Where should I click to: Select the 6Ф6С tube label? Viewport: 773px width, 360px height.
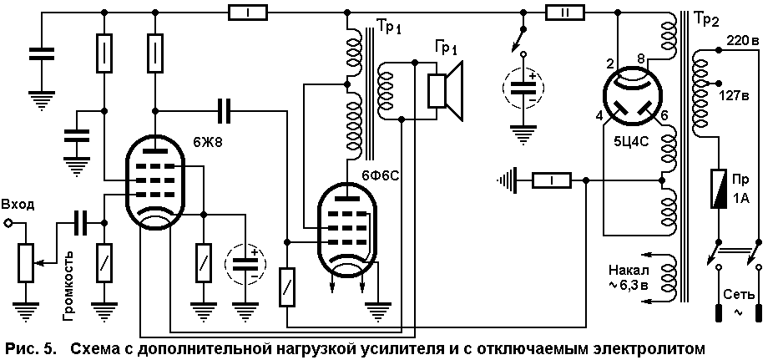point(380,176)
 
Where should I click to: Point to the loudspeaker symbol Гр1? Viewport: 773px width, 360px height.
point(446,91)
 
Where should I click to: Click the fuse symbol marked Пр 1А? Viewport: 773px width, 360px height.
point(718,188)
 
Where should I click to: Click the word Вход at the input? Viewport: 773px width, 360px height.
point(18,205)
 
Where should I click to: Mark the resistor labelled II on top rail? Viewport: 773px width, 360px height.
point(565,13)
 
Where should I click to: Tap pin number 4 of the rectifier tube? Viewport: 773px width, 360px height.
point(599,117)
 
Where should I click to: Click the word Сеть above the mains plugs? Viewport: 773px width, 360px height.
point(739,294)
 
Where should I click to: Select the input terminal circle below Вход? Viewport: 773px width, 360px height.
point(8,223)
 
